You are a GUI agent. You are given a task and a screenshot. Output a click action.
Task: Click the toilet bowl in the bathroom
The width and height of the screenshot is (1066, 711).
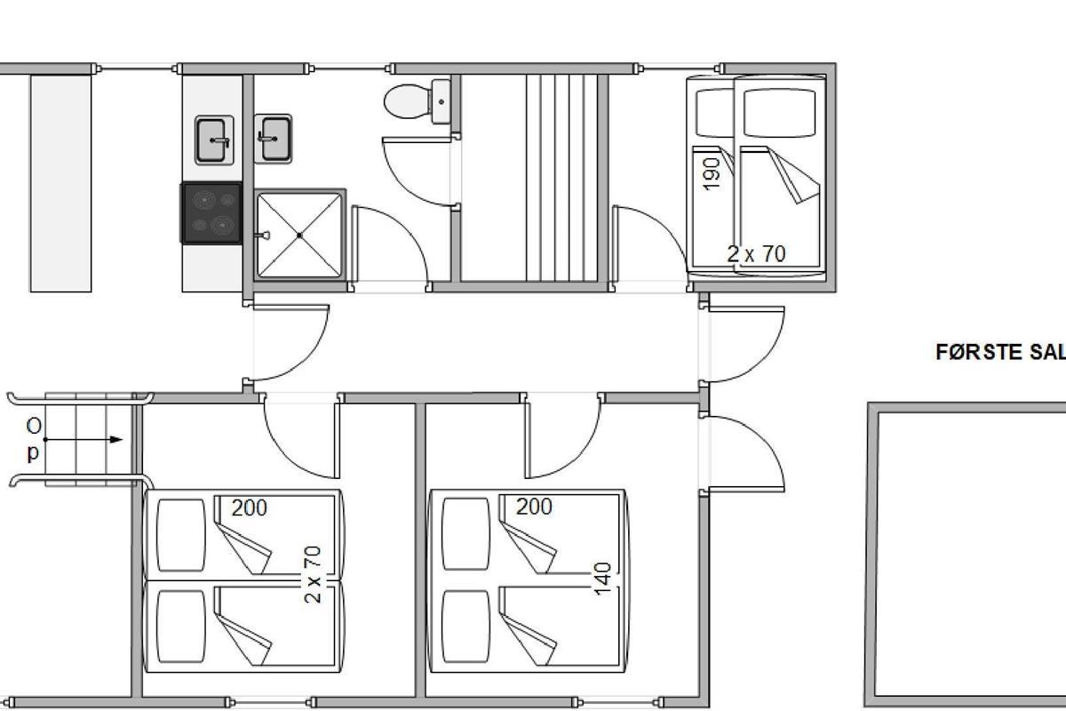[x=407, y=101]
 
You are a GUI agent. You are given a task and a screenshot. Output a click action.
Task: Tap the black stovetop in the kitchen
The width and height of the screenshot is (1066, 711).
[x=211, y=213]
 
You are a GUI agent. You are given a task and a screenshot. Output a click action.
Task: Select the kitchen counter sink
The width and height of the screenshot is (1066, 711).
[x=214, y=140]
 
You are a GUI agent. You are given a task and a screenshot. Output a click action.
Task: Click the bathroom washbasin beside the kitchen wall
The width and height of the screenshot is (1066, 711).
[x=274, y=139]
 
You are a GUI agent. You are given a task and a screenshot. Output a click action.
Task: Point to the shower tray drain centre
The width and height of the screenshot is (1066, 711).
[x=299, y=236]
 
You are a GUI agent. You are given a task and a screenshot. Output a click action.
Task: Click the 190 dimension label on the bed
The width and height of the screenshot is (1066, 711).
[x=711, y=174]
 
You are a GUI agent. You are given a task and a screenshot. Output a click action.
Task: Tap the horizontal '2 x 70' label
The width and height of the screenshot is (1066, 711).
[x=756, y=254]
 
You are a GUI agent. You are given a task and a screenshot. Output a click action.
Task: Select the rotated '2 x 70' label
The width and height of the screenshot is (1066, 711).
[x=312, y=574]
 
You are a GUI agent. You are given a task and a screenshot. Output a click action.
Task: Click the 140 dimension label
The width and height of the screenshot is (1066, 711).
[x=602, y=579]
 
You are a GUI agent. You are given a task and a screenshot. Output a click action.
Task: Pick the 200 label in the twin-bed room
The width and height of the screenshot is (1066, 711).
[x=250, y=508]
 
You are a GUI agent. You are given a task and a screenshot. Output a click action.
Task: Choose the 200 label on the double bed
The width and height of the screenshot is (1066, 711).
[x=534, y=507]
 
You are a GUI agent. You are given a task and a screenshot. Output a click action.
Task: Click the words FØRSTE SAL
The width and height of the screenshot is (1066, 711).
[x=1000, y=353]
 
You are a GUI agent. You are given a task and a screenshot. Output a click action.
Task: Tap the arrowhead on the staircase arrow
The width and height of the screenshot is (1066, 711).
[x=116, y=440]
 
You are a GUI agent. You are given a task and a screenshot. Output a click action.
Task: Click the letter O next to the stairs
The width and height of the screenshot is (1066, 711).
[x=34, y=427]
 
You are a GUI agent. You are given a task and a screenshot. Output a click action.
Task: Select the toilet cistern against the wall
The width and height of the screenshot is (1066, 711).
[x=442, y=101]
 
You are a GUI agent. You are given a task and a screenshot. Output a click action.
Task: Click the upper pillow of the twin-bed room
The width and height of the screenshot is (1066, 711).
[x=181, y=535]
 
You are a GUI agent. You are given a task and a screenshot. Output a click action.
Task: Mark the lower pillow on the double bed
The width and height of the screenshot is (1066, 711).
[x=465, y=627]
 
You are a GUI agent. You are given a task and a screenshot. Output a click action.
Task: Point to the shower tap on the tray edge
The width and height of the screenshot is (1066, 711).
[x=262, y=236]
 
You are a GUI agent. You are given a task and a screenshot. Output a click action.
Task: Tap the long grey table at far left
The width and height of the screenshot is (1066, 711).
[x=61, y=183]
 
